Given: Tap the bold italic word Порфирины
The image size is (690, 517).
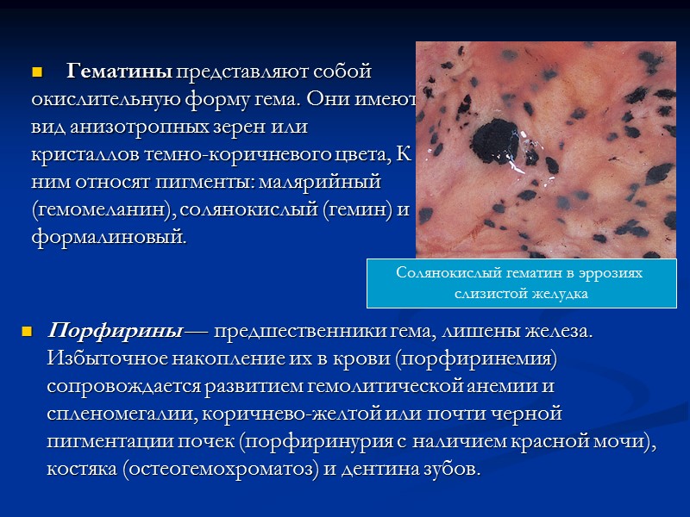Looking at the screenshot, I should click(x=115, y=331).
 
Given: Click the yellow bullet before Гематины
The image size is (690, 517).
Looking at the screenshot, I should click(x=37, y=71).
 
